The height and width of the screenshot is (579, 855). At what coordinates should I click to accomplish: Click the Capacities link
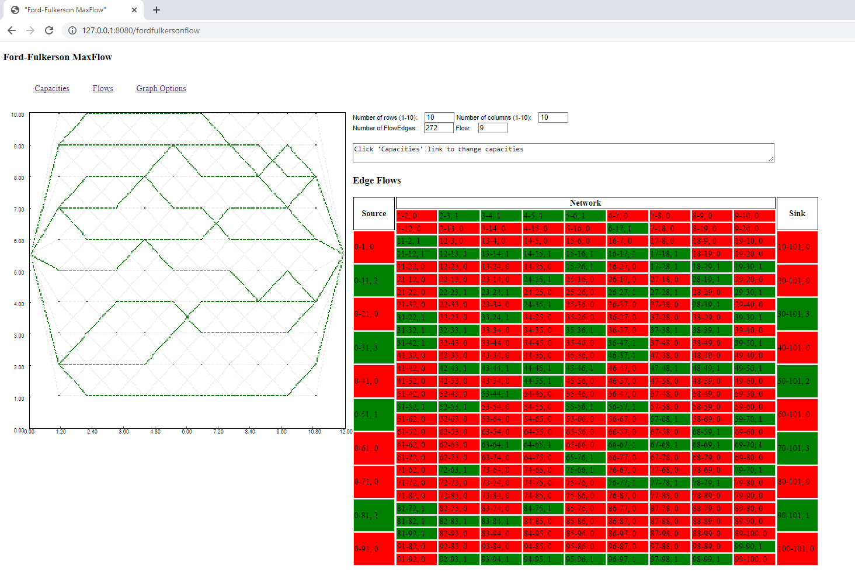(52, 89)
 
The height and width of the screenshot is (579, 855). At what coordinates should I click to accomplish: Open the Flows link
(103, 89)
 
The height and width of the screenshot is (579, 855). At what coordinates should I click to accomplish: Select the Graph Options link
(161, 89)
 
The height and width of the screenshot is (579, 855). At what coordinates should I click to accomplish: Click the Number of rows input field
(439, 117)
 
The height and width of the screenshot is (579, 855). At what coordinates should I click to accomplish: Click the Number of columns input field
(552, 117)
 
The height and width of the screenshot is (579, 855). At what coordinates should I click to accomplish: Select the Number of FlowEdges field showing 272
(438, 128)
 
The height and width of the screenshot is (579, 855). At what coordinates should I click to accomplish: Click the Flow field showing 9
(492, 128)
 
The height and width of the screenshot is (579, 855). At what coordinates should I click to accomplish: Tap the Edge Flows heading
(377, 181)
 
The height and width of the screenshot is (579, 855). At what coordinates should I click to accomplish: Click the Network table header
(585, 203)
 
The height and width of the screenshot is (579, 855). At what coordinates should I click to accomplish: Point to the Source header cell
(374, 214)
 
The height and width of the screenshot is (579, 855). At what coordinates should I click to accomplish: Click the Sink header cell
(797, 214)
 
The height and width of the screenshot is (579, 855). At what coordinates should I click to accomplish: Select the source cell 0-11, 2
(374, 280)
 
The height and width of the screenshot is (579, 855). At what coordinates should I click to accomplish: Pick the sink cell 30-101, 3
(797, 314)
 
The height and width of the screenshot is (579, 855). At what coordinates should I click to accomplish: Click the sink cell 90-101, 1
(797, 515)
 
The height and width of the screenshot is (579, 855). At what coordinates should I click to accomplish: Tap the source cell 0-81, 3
(374, 515)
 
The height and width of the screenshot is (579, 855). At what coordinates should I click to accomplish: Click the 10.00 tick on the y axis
(18, 115)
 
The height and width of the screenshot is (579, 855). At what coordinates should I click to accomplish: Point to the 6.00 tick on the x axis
(187, 432)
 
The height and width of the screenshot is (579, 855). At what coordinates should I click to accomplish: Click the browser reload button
(49, 30)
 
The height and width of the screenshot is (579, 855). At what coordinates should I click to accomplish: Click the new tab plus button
(157, 10)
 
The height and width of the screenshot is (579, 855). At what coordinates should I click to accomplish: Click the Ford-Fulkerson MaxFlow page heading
(58, 57)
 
